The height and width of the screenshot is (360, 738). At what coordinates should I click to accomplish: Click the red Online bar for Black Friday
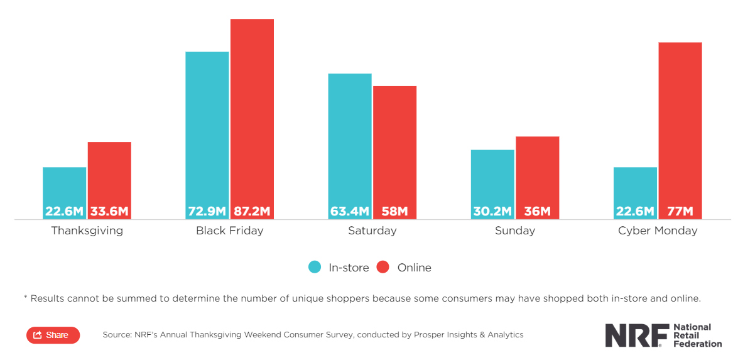252,113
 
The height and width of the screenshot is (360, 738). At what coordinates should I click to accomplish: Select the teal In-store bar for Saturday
350,138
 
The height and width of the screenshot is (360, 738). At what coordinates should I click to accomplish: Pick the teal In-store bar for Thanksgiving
65,185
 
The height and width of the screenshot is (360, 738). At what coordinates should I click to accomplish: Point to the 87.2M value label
252,211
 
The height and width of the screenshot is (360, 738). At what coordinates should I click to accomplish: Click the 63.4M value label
350,211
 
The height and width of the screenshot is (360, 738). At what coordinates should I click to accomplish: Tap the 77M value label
680,211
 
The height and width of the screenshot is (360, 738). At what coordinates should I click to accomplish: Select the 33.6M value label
109,211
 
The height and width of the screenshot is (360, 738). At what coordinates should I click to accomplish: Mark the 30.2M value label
492,211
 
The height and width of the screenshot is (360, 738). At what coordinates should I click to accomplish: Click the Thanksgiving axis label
87,231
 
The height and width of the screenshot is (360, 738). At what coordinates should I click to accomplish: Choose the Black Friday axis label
229,231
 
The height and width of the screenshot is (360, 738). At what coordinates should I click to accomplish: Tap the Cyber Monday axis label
658,231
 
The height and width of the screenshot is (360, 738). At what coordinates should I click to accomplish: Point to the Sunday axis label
515,231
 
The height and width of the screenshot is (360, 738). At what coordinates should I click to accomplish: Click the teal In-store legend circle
315,267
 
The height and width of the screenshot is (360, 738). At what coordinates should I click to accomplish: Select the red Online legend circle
383,267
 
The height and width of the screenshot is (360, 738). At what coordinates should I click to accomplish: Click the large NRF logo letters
634,335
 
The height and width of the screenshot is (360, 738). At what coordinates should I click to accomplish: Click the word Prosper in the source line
429,335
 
